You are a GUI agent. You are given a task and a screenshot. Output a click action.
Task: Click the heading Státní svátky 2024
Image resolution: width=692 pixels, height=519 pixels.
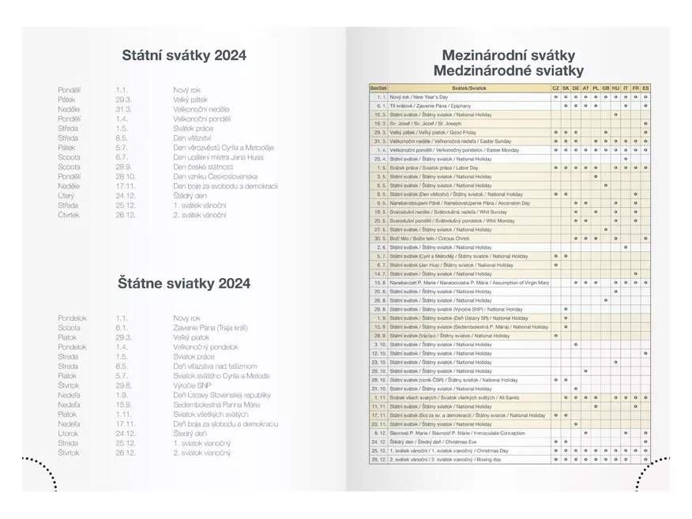click(x=184, y=55)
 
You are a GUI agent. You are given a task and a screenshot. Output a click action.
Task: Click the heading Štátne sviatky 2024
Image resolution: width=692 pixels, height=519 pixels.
click(x=184, y=282)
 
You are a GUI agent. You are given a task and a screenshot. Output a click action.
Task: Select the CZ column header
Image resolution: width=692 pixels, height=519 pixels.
click(x=555, y=87)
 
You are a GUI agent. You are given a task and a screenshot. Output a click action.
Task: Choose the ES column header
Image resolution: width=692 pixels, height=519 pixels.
click(x=645, y=87)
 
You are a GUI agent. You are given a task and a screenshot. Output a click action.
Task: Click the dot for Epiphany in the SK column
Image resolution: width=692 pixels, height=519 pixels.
click(x=566, y=105)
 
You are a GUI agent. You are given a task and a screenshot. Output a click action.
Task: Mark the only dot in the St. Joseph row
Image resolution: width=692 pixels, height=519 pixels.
click(x=645, y=123)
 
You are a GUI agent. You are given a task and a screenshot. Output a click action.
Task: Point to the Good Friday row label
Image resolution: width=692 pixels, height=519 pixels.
click(x=434, y=132)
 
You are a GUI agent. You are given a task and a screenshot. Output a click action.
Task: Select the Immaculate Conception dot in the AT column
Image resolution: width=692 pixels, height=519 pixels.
click(x=585, y=433)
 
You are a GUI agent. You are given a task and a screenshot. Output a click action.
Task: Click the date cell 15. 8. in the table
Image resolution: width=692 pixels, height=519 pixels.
click(x=379, y=282)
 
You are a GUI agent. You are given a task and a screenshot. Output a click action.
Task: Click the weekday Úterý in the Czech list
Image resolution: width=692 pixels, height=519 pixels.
click(x=68, y=195)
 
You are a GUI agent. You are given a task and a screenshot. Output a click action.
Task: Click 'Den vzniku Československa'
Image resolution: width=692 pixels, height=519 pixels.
click(x=214, y=176)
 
